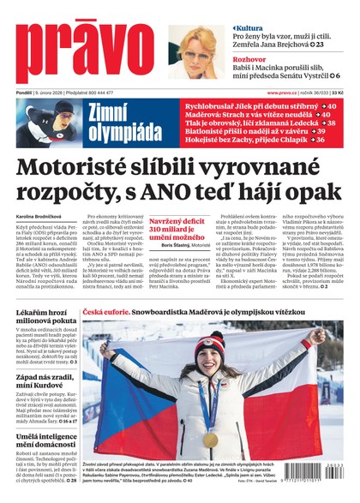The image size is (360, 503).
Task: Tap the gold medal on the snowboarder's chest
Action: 210,438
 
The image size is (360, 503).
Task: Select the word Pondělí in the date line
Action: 25,92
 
